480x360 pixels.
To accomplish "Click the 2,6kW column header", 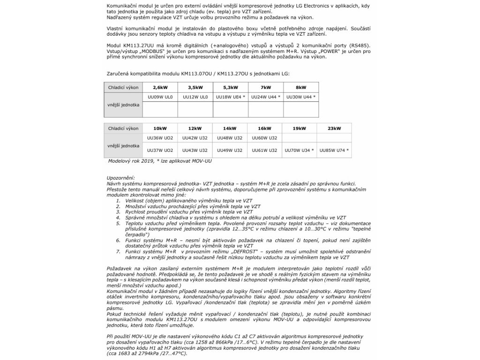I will coord(159,87).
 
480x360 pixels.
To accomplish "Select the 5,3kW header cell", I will coord(230,87).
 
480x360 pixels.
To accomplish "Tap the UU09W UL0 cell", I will coord(159,97).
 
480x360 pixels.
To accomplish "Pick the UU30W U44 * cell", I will coord(301,97).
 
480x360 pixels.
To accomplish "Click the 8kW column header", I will coord(301,87).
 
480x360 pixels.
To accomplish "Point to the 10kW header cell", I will coord(159,128).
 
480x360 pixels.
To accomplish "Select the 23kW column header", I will coord(334,128).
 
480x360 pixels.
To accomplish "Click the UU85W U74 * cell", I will coord(334,150).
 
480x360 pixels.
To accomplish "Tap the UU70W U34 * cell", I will coord(299,150).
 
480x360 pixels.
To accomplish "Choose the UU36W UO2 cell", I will coord(159,138).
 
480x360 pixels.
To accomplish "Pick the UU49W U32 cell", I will coord(230,150).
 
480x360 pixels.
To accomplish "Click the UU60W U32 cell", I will coord(264,138).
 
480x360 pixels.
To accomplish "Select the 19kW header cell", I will coord(299,128).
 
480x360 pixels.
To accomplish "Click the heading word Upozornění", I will coord(120,178).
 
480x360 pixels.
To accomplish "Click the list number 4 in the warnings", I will coord(119,217).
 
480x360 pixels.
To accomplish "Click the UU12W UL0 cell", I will coord(195,97).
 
